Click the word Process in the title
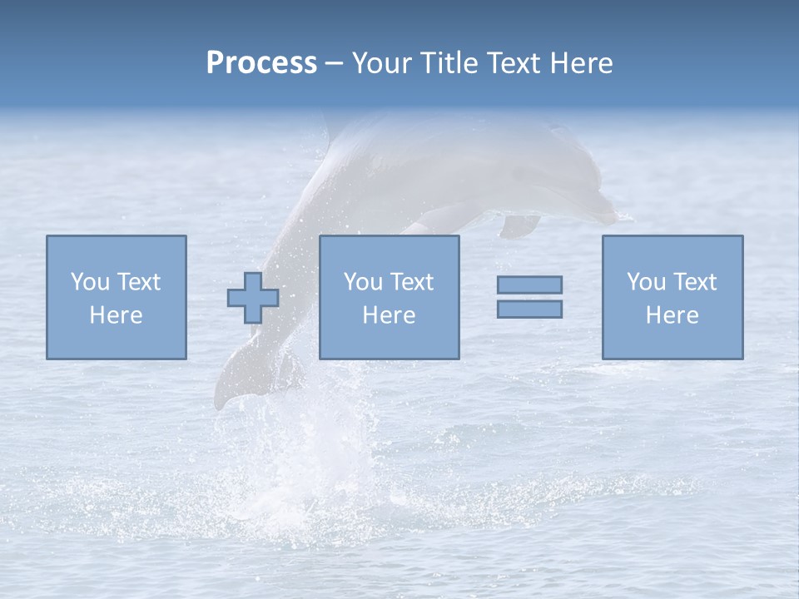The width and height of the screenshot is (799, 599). click(261, 63)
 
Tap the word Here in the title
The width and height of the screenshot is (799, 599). click(581, 63)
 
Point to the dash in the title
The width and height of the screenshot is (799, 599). click(334, 64)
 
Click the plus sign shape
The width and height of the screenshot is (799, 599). click(253, 298)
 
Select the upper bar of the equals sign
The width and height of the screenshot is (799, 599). click(529, 285)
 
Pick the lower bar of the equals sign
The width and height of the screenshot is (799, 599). click(529, 309)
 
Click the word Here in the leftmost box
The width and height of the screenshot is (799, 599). click(116, 315)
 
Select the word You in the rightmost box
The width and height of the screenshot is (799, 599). click(646, 282)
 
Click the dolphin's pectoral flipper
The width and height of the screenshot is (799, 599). click(520, 225)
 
